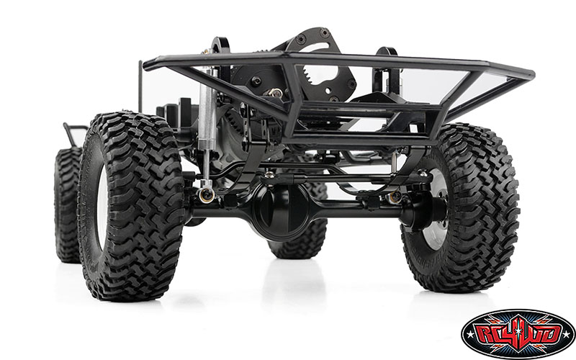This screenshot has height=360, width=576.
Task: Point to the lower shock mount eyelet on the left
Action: (x=207, y=193)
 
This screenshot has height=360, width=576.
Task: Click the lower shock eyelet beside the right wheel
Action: (x=395, y=197)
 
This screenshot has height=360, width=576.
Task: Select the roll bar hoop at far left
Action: (x=73, y=133)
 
